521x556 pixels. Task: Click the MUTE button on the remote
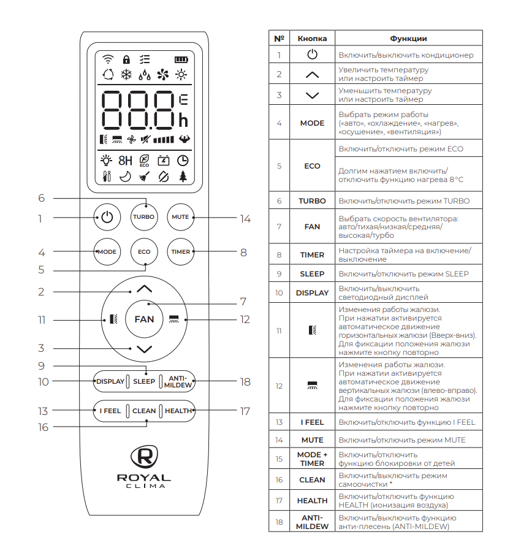180,217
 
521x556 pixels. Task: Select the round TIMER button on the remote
180,252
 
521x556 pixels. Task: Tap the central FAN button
144,319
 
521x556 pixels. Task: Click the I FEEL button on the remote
110,411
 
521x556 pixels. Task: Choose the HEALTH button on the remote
178,411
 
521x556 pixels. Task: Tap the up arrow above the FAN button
144,288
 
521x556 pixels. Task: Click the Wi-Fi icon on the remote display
108,59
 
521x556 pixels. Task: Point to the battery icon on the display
181,59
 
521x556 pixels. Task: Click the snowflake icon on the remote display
127,75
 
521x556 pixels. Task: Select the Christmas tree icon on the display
182,177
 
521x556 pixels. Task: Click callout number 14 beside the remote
245,218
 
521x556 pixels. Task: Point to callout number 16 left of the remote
43,427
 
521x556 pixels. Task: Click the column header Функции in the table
408,39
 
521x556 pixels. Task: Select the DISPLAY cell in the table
312,293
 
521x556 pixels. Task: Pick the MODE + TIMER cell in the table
312,459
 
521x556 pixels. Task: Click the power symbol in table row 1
312,55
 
